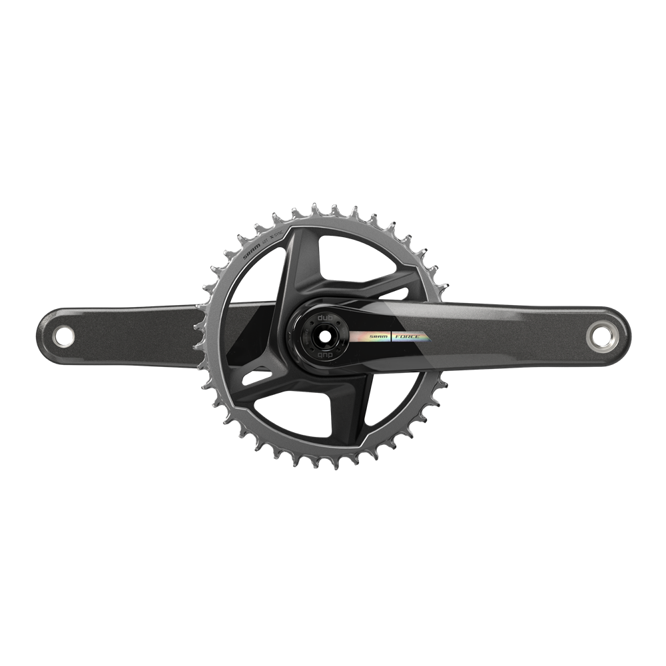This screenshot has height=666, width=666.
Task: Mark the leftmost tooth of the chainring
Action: pos(198,326)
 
